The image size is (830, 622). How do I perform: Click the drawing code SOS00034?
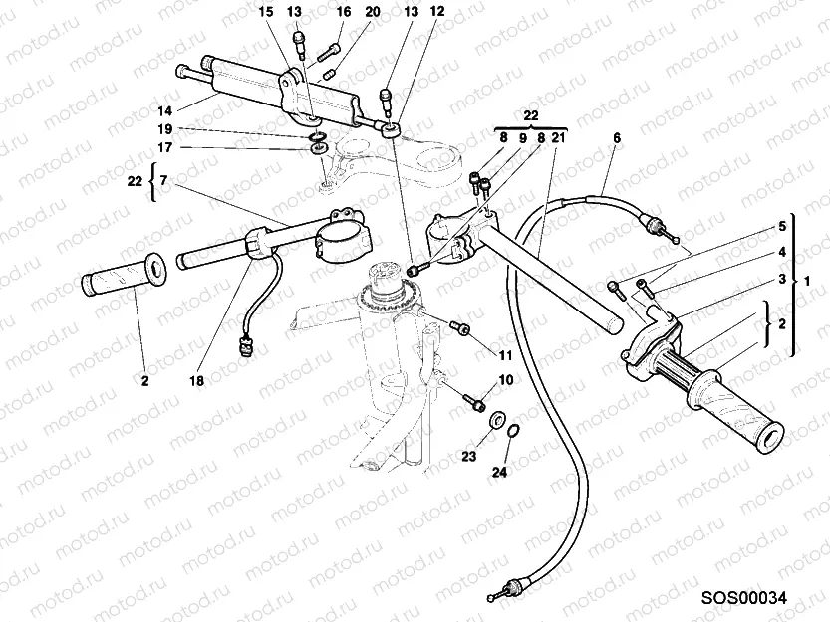click(743, 598)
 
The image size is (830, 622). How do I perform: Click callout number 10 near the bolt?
click(505, 380)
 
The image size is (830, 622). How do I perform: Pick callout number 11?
click(505, 354)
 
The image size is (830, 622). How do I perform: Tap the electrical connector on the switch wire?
click(245, 347)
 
